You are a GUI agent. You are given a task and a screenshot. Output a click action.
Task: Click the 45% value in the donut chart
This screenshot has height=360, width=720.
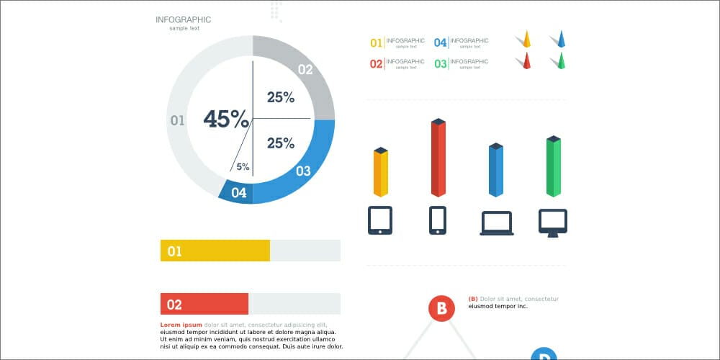pyautogui.click(x=226, y=119)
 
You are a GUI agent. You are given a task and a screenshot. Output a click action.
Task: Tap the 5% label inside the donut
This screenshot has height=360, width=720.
pyautogui.click(x=243, y=167)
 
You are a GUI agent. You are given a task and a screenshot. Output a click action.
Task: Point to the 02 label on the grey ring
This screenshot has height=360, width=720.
pyautogui.click(x=305, y=70)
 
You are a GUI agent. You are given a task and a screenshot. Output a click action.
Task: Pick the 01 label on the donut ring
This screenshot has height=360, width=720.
pyautogui.click(x=177, y=120)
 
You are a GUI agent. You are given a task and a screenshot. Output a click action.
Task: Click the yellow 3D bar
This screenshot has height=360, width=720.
pyautogui.click(x=381, y=173)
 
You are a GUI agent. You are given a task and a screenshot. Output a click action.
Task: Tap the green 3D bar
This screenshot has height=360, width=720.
pyautogui.click(x=554, y=167)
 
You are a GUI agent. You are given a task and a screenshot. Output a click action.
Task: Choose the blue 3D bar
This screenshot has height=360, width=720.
pyautogui.click(x=496, y=171)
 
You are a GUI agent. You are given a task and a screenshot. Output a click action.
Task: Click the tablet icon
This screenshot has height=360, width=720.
pyautogui.click(x=380, y=220)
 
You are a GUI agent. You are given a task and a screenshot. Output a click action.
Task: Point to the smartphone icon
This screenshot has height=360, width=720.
pyautogui.click(x=438, y=220)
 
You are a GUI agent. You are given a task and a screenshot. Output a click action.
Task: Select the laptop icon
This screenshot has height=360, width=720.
pyautogui.click(x=497, y=223)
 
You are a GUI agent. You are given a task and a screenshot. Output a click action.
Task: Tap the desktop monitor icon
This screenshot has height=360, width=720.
pyautogui.click(x=553, y=222)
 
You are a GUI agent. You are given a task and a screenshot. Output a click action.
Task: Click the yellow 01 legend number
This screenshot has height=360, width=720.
pyautogui.click(x=376, y=43)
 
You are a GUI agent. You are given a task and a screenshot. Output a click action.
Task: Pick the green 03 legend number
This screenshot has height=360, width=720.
pyautogui.click(x=440, y=64)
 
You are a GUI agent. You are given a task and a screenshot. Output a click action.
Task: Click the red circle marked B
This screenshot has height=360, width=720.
pyautogui.click(x=441, y=309)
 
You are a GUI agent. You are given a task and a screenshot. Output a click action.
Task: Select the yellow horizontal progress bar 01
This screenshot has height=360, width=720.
pyautogui.click(x=215, y=251)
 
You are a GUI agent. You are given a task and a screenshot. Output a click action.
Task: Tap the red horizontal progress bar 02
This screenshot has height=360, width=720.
pyautogui.click(x=204, y=304)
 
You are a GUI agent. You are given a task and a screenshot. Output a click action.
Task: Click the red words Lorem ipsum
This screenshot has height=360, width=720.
pyautogui.click(x=181, y=325)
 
